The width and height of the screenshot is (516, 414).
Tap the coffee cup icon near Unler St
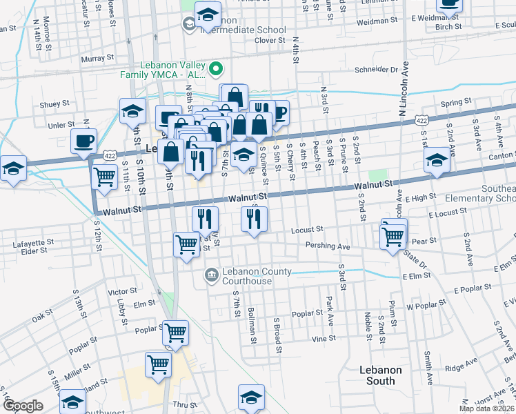(83, 140)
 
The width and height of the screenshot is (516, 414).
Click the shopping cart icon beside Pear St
(393, 236)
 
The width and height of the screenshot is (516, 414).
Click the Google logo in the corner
(22, 406)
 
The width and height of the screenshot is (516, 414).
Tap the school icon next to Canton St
(436, 161)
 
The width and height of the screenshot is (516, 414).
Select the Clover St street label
(270, 41)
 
